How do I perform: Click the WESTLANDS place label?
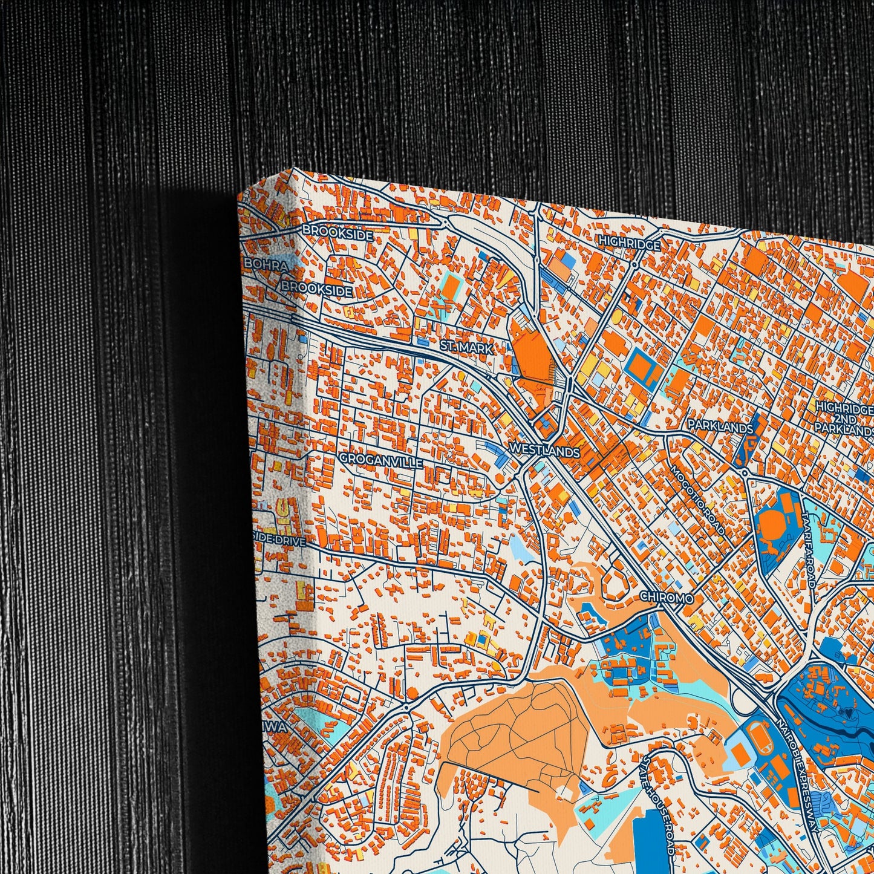[544, 451]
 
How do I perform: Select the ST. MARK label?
[466, 348]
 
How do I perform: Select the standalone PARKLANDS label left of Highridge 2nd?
[720, 427]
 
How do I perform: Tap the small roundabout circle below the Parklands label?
[746, 472]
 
